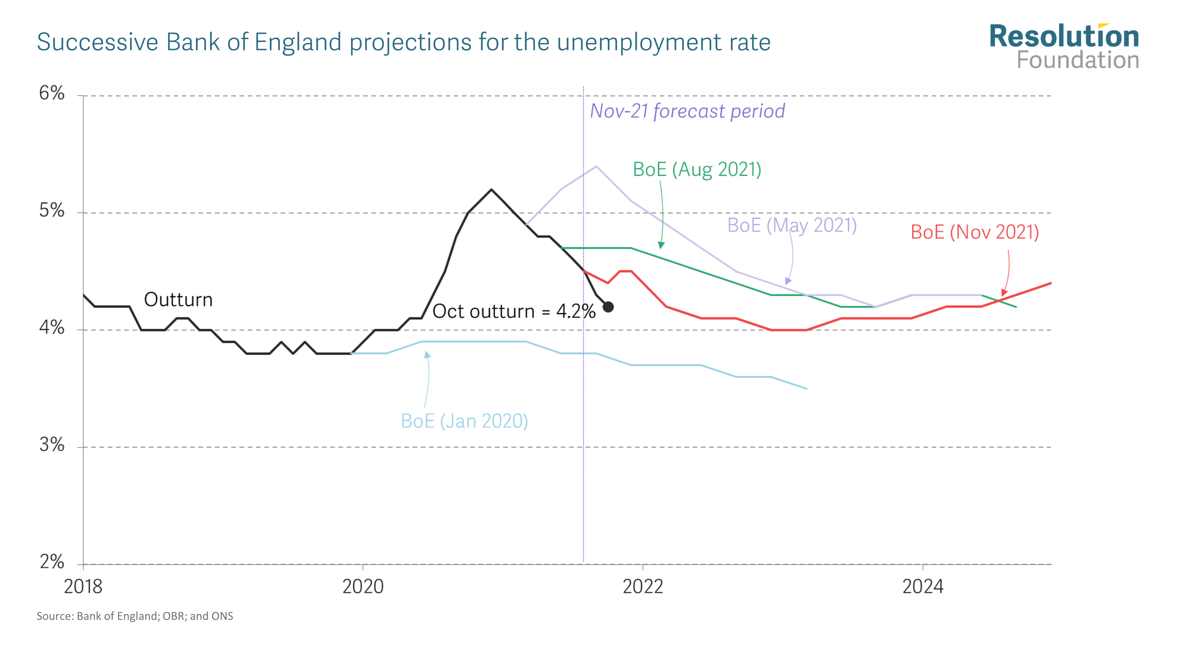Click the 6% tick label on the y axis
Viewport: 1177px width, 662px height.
51,93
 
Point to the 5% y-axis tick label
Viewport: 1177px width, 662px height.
51,211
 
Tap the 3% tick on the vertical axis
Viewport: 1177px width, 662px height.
51,445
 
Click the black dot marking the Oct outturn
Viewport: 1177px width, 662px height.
608,307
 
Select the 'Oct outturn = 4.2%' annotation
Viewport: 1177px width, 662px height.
513,312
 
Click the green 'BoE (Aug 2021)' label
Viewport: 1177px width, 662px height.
697,169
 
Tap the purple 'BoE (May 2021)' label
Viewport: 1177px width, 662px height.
792,225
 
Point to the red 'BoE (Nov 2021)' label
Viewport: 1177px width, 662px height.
975,232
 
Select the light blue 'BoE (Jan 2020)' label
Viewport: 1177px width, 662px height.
464,421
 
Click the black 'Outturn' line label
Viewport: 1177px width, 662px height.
178,300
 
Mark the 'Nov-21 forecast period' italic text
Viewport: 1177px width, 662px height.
687,111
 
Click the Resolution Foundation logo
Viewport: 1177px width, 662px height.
1064,46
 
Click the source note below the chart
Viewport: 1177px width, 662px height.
135,616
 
